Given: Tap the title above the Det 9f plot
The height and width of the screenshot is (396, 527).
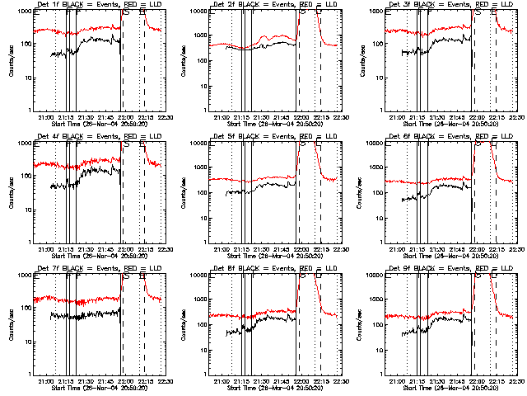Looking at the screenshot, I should pyautogui.click(x=442, y=270).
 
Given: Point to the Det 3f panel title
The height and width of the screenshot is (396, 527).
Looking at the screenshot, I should pyautogui.click(x=442, y=6).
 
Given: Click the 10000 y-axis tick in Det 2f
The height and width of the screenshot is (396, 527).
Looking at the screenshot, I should pyautogui.click(x=198, y=12).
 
